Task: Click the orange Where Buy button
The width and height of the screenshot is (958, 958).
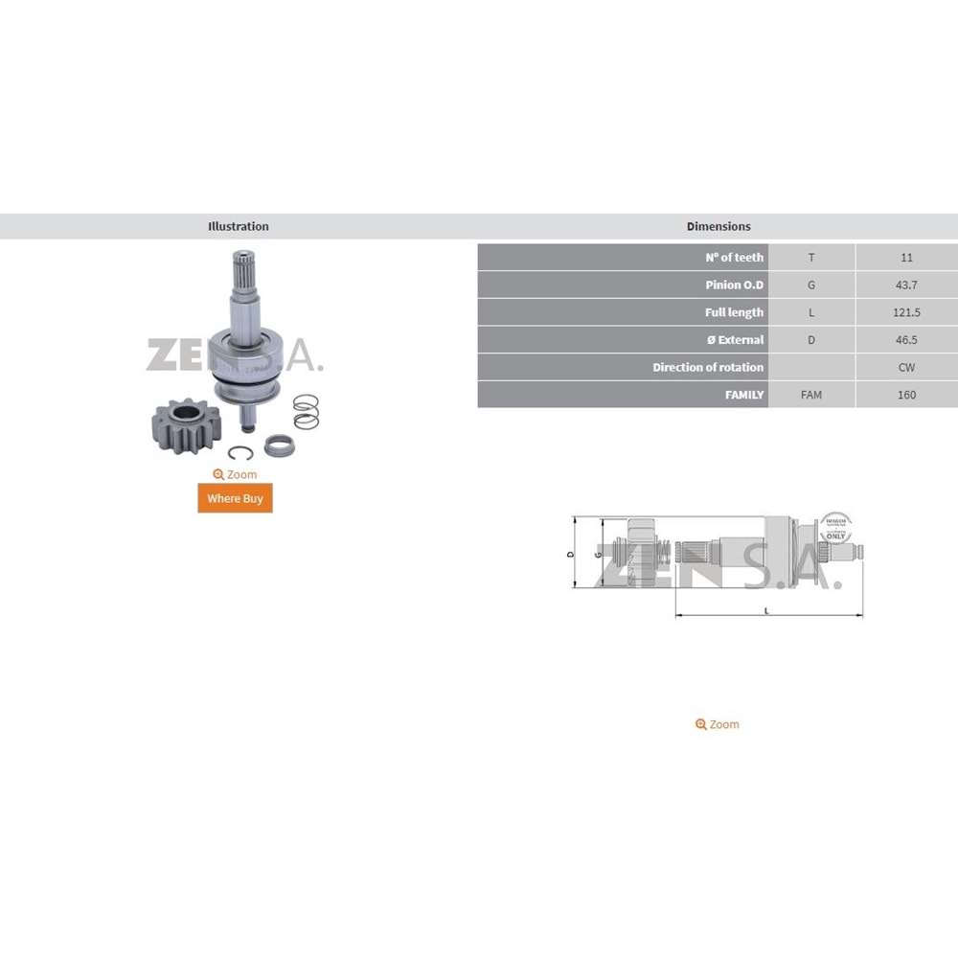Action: pyautogui.click(x=235, y=498)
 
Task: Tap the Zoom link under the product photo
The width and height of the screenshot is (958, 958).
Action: pyautogui.click(x=235, y=474)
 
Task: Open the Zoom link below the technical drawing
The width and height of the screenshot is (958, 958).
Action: pyautogui.click(x=718, y=724)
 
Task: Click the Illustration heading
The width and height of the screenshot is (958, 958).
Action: pyautogui.click(x=239, y=227)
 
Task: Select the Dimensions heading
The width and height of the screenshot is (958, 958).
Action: pyautogui.click(x=718, y=227)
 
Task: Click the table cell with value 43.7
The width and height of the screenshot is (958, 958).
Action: pyautogui.click(x=906, y=285)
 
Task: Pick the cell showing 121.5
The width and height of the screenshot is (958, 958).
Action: pyautogui.click(x=906, y=312)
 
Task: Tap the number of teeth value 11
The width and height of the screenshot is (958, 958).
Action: pyautogui.click(x=906, y=257)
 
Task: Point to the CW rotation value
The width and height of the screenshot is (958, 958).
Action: pyautogui.click(x=906, y=367)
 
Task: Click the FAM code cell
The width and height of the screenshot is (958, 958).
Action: pyautogui.click(x=811, y=395)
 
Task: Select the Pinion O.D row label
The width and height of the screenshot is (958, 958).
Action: pyautogui.click(x=735, y=285)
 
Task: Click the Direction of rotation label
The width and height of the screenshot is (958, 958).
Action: pyautogui.click(x=708, y=367)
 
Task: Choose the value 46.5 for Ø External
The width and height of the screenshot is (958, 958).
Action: pyautogui.click(x=906, y=340)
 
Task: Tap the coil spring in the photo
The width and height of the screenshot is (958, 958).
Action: pyautogui.click(x=306, y=411)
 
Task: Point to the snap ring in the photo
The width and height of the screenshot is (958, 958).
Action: pyautogui.click(x=240, y=453)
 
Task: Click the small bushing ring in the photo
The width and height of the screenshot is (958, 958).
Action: pyautogui.click(x=277, y=445)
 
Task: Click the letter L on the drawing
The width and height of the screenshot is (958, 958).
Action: pyautogui.click(x=766, y=610)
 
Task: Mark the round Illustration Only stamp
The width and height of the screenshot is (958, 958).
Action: pyautogui.click(x=834, y=528)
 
